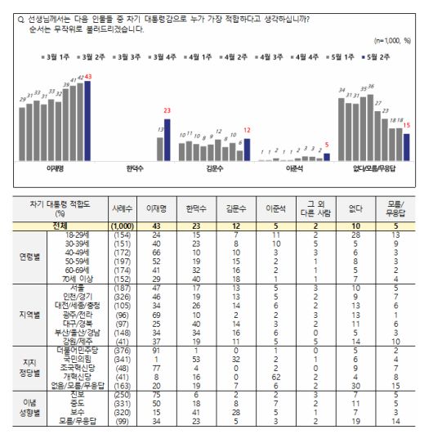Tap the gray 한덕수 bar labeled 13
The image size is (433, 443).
(159, 149)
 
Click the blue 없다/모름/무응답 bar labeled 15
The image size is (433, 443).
(406, 145)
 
